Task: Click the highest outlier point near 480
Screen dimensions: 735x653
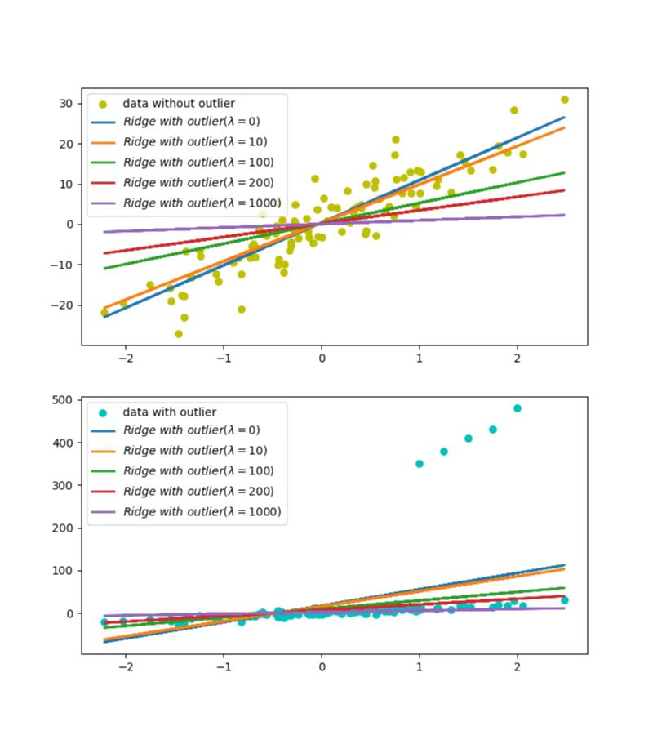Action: [x=517, y=408]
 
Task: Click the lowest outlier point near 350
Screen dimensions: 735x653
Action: [x=420, y=464]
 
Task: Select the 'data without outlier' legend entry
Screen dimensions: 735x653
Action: [x=178, y=104]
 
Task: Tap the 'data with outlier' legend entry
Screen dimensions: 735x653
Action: [x=169, y=412]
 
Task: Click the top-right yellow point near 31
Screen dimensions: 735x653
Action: [x=564, y=100]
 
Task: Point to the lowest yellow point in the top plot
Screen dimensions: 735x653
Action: [x=179, y=334]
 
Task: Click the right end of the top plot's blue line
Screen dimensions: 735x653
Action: [x=564, y=118]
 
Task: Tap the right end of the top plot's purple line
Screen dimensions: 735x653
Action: [x=564, y=215]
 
